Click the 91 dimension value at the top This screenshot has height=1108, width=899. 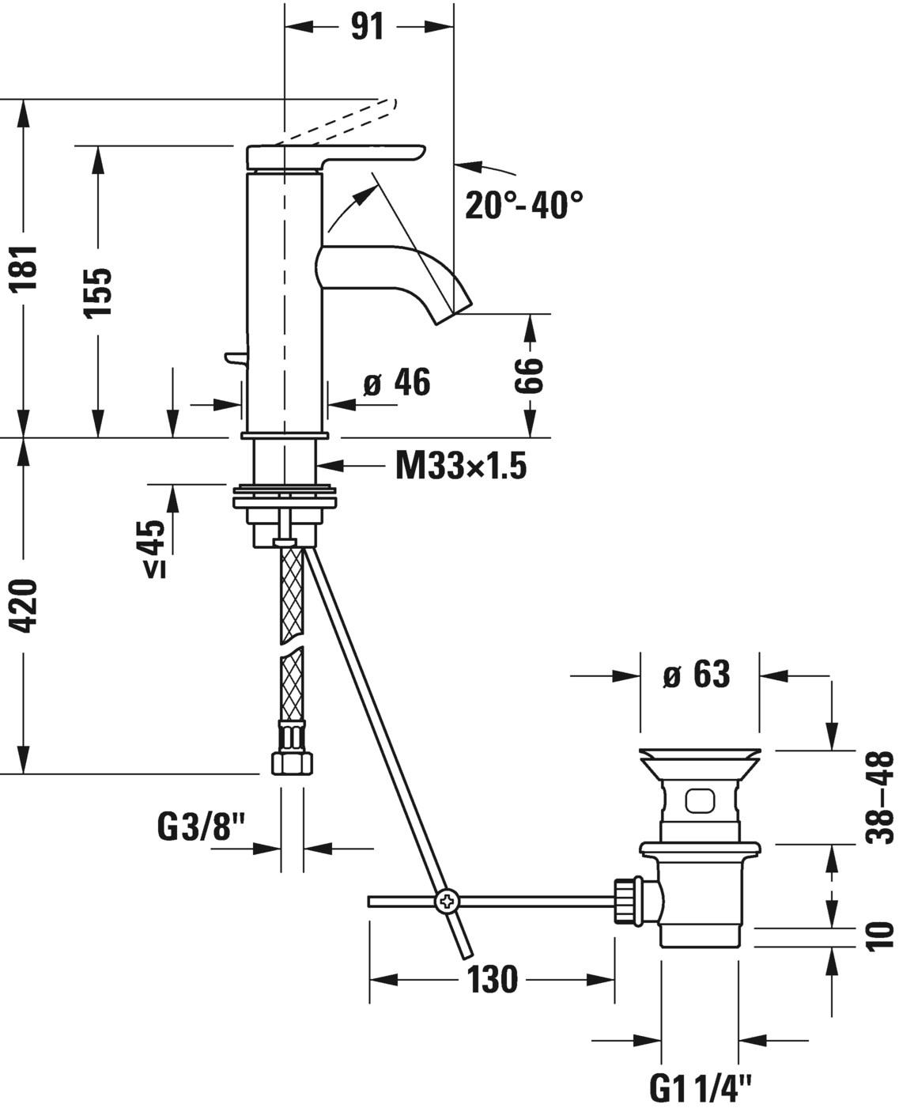tap(367, 26)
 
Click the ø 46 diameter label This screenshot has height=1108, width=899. tap(396, 384)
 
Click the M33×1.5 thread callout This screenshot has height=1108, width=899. tap(460, 467)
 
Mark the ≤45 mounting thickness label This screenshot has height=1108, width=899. tap(156, 549)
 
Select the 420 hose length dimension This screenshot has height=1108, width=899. tap(26, 606)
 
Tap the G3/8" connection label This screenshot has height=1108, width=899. tap(203, 828)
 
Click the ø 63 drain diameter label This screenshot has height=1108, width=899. tap(697, 675)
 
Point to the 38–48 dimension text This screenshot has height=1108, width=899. tap(878, 797)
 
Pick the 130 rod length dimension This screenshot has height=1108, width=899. tap(492, 980)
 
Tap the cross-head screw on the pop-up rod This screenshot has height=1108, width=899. tap(446, 901)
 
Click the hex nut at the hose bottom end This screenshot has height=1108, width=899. tap(291, 762)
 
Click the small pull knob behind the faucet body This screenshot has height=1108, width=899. tap(234, 358)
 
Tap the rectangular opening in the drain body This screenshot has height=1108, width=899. tap(699, 802)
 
